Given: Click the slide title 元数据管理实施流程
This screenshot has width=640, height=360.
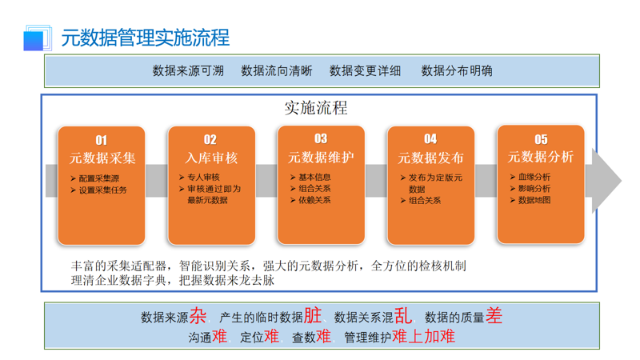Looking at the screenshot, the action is coord(145,37).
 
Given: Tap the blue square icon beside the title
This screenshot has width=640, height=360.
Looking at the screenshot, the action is coord(34,38).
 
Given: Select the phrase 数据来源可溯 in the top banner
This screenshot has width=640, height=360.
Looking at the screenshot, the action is coord(188,70).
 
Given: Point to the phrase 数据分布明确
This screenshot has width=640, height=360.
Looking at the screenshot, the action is coord(457,70).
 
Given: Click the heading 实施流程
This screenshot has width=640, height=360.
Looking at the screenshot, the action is coord(316,107).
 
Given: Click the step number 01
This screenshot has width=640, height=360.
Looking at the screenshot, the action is coord(102,140).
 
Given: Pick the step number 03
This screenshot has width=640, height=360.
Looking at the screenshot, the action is coord(321,138).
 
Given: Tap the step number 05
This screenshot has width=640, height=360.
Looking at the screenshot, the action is coord(541,139).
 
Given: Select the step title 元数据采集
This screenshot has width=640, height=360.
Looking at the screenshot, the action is coord(102,158).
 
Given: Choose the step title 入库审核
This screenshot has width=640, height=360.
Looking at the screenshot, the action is coord(211,158).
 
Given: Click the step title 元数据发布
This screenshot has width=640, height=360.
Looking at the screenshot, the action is coord(430,158).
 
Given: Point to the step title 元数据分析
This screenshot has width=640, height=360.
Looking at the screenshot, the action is coord(541,157).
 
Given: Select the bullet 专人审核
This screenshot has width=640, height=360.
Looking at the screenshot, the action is coord(203,177).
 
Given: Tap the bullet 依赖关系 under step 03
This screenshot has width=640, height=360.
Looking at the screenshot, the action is coord(314,200).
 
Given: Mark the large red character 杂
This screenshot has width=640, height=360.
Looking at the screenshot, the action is coord(198,316).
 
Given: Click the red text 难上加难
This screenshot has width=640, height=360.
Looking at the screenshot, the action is coord(423,337).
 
